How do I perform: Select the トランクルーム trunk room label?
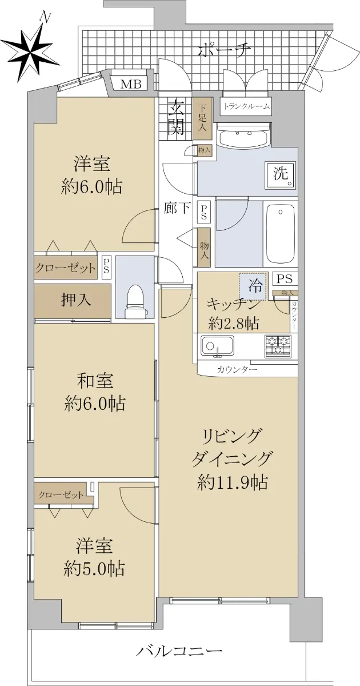246,106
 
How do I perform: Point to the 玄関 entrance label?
175,118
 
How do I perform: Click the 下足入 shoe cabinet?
202,118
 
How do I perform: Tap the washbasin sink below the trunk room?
243,136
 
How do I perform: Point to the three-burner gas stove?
278,346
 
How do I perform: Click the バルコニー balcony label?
179,651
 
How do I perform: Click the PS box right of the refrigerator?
285,279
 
